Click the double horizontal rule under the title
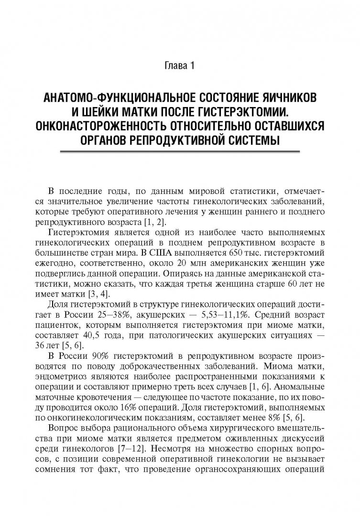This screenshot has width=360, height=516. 180,151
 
